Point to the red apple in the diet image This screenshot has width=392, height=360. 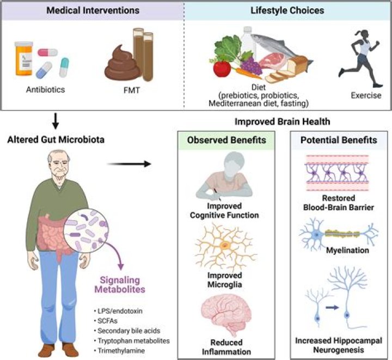tap(222, 69)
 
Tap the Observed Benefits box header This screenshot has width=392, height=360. tap(226, 141)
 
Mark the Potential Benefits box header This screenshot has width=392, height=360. tap(339, 141)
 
